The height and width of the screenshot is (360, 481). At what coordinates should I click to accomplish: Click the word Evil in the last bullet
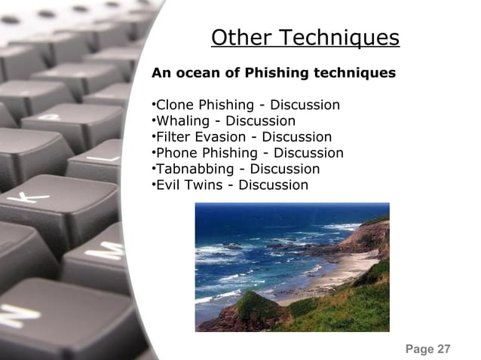[168, 185]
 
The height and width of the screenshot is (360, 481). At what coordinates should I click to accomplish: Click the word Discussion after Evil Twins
[273, 185]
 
